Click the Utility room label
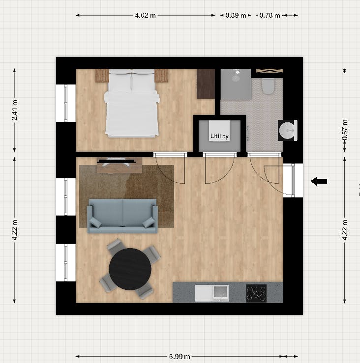pyautogui.click(x=219, y=136)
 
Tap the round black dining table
pyautogui.click(x=130, y=269)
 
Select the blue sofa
pyautogui.click(x=122, y=215)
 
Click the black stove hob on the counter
pyautogui.click(x=256, y=293)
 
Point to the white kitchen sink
pyautogui.click(x=211, y=293)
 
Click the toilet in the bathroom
pyautogui.click(x=268, y=86)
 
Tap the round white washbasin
pyautogui.click(x=288, y=131)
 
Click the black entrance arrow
pyautogui.click(x=319, y=181)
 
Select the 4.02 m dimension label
pyautogui.click(x=145, y=15)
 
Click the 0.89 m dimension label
pyautogui.click(x=236, y=15)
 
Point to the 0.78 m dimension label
pyautogui.click(x=270, y=15)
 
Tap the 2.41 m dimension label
pyautogui.click(x=15, y=110)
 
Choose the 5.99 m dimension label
pyautogui.click(x=180, y=357)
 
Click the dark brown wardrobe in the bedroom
pyautogui.click(x=206, y=84)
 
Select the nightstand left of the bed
pyautogui.click(x=102, y=76)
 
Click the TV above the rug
pyautogui.click(x=116, y=160)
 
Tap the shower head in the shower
pyautogui.click(x=236, y=75)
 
